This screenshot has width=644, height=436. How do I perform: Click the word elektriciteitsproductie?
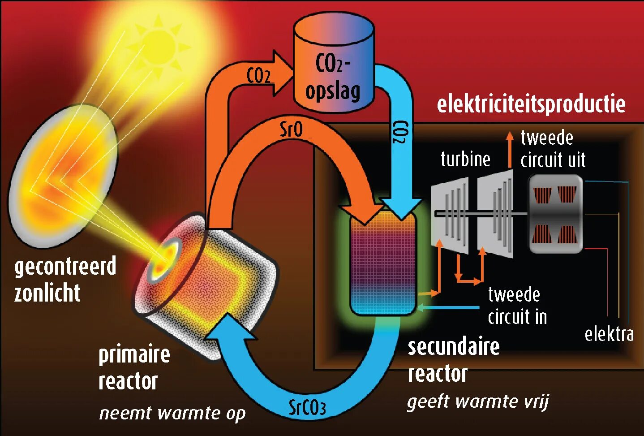coord(531,104)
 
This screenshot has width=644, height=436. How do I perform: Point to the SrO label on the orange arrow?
coord(291,130)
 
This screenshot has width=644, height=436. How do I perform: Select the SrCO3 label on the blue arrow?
coord(307,407)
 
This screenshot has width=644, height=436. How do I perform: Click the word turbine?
coord(465,160)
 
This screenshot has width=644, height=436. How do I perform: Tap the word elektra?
coord(609,334)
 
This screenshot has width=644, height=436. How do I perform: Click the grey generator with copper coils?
coord(555,214)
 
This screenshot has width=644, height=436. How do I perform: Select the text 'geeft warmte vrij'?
coord(478,401)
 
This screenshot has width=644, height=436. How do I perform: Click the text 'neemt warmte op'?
coord(172,413)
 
